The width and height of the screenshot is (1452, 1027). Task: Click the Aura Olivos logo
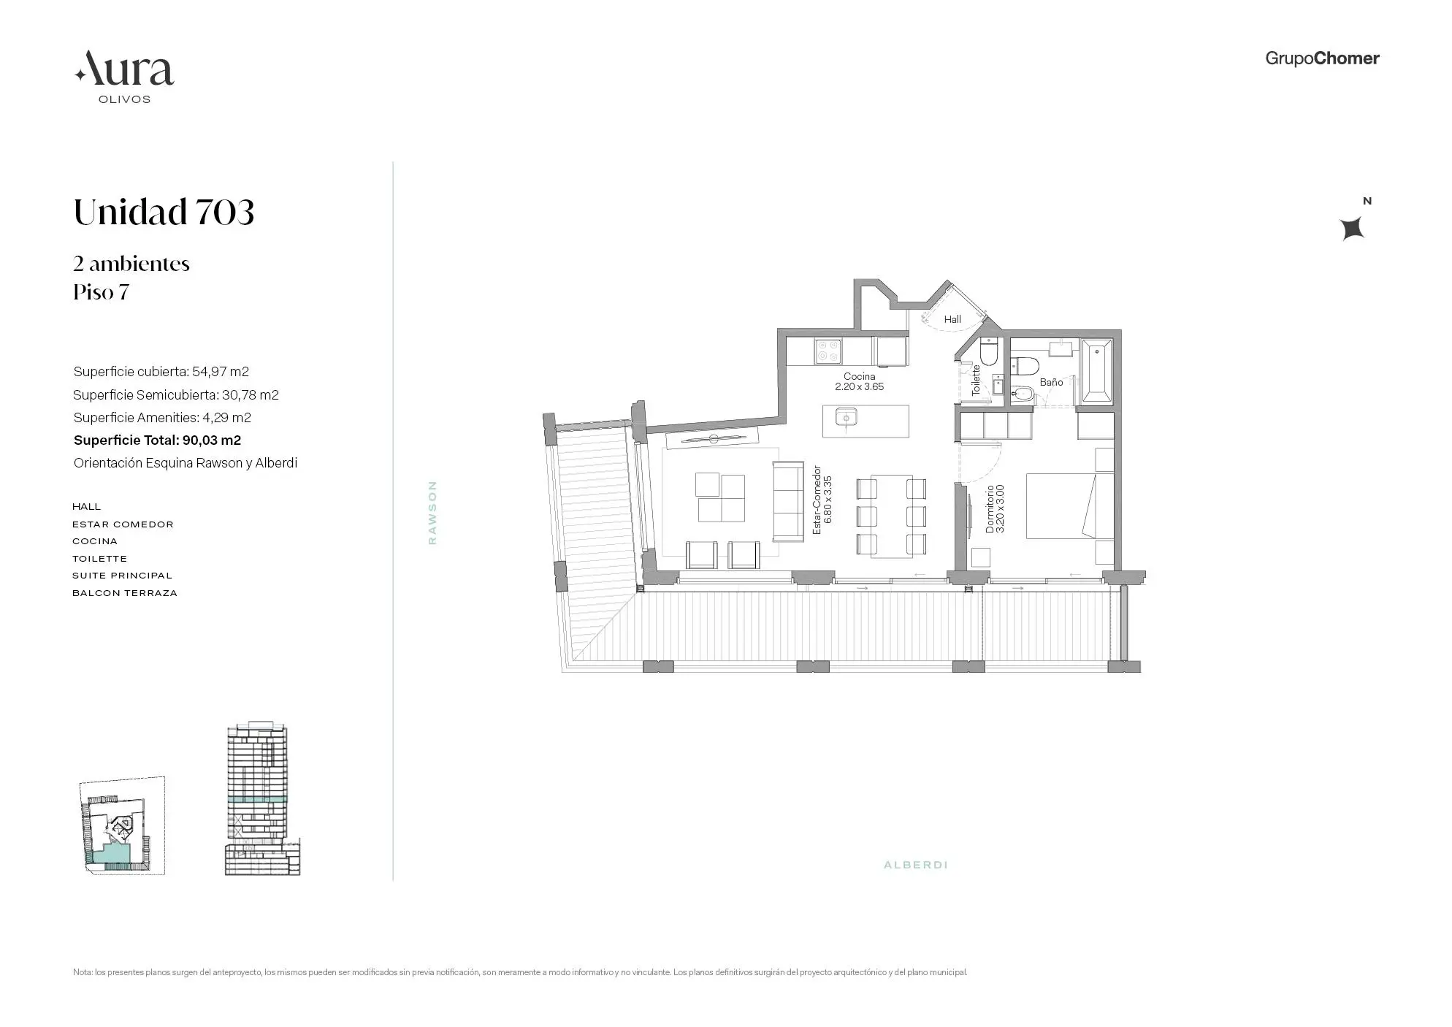(x=124, y=77)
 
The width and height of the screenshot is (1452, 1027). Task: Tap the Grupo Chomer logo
(x=1321, y=58)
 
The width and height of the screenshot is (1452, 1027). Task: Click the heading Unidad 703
(x=164, y=213)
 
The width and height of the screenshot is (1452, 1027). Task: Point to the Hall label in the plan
(x=952, y=319)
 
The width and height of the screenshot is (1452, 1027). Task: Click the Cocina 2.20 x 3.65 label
(x=859, y=382)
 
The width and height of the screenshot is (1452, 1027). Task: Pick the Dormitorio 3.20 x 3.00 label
(x=995, y=509)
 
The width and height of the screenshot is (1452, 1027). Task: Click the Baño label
(x=1051, y=382)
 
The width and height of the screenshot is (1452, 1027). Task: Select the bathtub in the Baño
(x=1096, y=371)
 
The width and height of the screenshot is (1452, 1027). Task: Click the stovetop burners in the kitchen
(x=828, y=352)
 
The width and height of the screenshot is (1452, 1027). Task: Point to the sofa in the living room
(x=788, y=501)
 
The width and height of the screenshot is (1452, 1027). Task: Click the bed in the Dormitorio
(x=1069, y=505)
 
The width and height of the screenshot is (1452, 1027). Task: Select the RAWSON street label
(x=432, y=512)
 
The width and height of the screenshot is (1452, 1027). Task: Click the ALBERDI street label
(x=915, y=865)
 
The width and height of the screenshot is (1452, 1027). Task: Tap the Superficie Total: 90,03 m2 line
(x=157, y=440)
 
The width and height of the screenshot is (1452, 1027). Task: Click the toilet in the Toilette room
(x=987, y=354)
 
